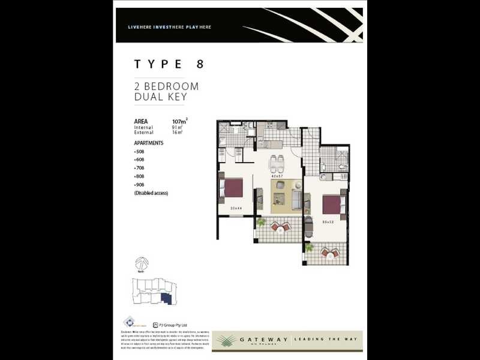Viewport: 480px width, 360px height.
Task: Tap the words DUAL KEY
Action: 160,97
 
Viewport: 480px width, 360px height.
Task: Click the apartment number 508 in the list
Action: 140,151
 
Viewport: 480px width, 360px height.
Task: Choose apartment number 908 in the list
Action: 140,185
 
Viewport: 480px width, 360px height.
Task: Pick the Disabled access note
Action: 151,193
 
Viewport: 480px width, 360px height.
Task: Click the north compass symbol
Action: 142,263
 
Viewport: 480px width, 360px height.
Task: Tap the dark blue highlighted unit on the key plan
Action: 166,298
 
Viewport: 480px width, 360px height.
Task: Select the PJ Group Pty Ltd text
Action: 173,323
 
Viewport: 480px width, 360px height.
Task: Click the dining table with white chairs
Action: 277,163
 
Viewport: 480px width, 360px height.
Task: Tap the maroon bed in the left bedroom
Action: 232,188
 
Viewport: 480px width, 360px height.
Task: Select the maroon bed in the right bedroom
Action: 332,205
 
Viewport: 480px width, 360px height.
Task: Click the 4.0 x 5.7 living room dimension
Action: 277,176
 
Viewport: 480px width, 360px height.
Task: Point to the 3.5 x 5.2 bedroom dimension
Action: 328,222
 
